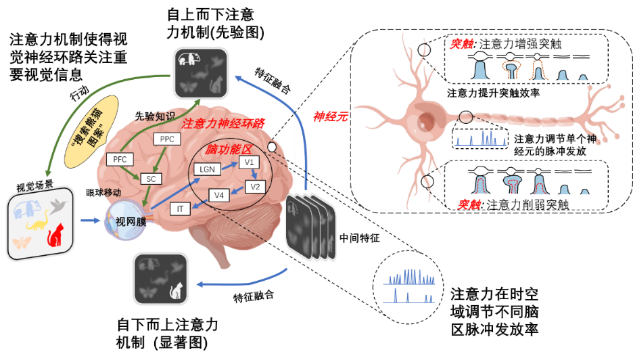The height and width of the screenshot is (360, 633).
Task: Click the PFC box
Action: tap(120, 160)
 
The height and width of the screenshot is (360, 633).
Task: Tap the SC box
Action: tap(151, 179)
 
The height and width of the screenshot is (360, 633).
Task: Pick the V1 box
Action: tap(249, 163)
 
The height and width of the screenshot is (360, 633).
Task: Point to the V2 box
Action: tap(255, 186)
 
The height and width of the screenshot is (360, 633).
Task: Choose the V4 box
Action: tap(218, 196)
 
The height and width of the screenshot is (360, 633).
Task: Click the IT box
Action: tap(180, 209)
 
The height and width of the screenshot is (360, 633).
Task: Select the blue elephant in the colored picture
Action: tap(28, 208)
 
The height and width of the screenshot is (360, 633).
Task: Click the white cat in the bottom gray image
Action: tap(177, 290)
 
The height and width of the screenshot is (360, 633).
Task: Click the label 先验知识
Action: tap(154, 116)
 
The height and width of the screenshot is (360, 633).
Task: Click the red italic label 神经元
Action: tap(330, 116)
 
